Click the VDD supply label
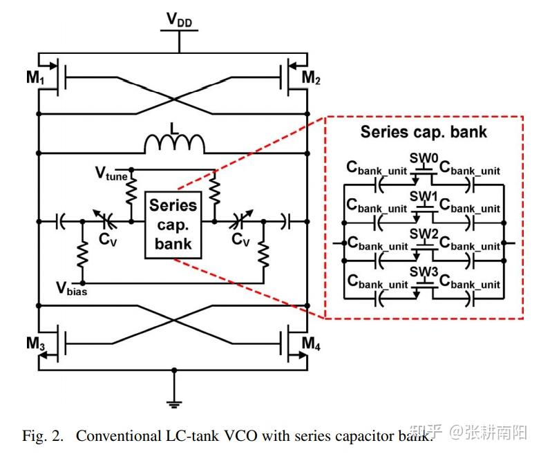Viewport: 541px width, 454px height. [x=179, y=20]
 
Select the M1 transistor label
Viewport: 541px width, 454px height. [x=35, y=77]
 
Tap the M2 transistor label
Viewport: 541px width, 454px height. [x=312, y=77]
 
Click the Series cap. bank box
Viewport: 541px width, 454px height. [x=173, y=225]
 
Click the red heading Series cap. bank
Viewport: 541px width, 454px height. [x=424, y=132]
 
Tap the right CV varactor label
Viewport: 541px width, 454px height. [x=240, y=240]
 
